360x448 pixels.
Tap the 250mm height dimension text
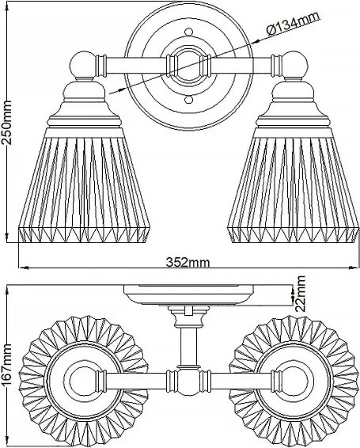point(6,122)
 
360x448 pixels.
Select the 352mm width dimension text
point(188,262)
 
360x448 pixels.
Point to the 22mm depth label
point(300,294)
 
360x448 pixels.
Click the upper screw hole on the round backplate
point(188,32)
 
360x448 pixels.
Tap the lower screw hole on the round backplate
point(188,100)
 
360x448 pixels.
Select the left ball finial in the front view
point(82,65)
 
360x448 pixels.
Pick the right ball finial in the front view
point(295,65)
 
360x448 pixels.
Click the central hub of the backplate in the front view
point(188,66)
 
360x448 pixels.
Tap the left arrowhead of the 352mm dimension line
point(24,268)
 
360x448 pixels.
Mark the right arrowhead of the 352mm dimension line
point(354,268)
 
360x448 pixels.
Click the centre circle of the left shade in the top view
point(83,380)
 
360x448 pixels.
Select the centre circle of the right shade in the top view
point(294,380)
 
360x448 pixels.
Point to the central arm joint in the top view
point(188,380)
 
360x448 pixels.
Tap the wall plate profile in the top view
point(188,294)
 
